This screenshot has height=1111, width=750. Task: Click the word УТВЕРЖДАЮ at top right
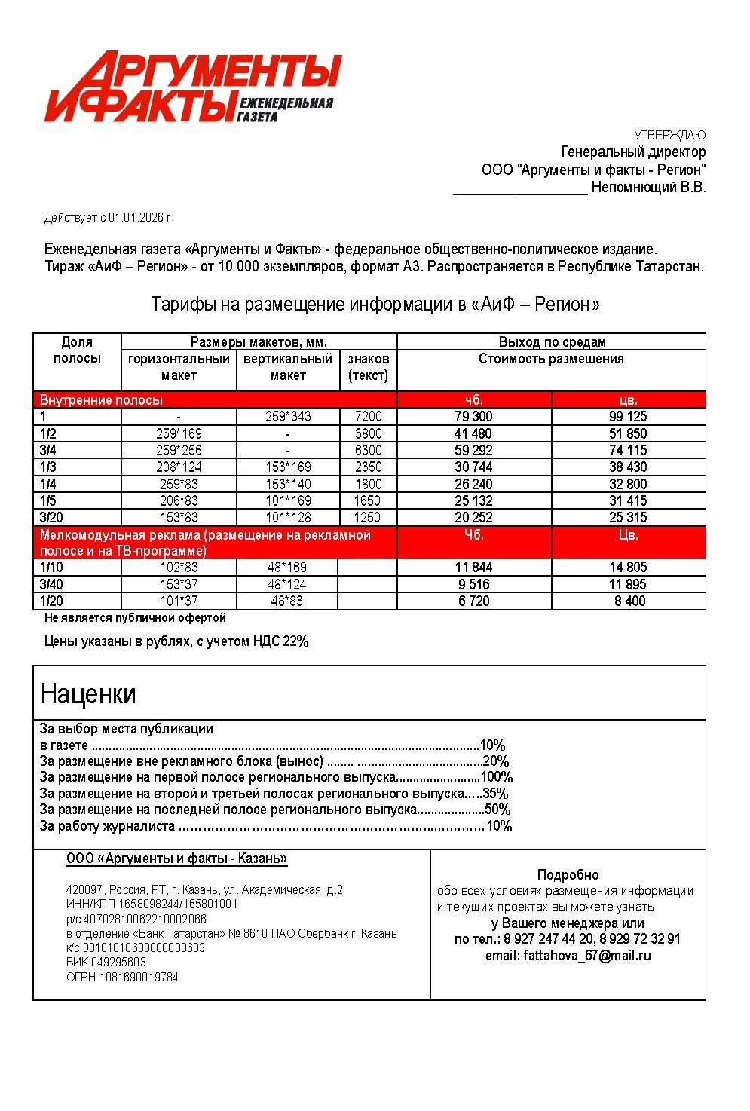coord(669,136)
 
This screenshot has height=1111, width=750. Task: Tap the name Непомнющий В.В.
coord(648,188)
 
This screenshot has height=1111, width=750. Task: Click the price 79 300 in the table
coord(473,417)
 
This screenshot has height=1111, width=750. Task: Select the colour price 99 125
coord(628,417)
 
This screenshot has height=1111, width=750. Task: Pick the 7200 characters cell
coord(369,417)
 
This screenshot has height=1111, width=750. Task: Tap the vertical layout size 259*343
coord(288,417)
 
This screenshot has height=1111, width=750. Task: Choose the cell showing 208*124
coord(179,467)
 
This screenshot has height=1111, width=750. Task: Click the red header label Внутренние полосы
coord(101,400)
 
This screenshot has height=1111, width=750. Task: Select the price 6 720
coord(473,601)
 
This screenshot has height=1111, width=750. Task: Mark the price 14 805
coord(628,568)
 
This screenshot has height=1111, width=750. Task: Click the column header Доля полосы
coord(77,350)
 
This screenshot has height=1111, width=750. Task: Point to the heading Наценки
coord(88,693)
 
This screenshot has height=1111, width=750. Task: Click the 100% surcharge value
coord(497,778)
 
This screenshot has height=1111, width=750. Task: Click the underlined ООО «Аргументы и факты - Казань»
coord(176,859)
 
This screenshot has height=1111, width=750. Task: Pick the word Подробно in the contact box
coord(568,875)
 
